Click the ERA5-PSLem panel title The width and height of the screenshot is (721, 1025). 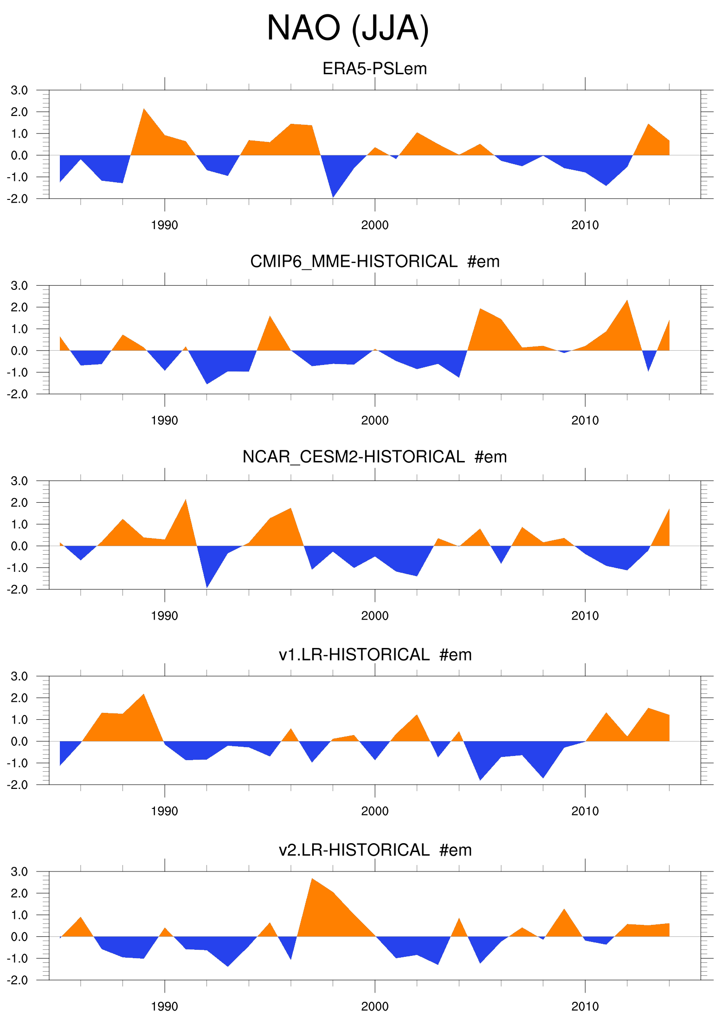(374, 69)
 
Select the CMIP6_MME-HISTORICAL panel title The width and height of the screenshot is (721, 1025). (374, 262)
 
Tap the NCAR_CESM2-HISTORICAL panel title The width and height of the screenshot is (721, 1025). (374, 457)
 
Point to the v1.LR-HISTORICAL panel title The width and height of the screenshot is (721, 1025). (374, 654)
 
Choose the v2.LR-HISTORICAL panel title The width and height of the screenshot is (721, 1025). (374, 850)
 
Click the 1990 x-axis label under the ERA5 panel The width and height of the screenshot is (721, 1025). (164, 225)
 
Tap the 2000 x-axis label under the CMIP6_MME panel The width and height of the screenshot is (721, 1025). (374, 421)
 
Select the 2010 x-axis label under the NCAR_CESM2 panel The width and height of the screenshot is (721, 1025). (585, 616)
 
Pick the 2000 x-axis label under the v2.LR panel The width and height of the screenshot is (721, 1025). (374, 1006)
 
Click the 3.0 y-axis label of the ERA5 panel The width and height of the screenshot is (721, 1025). (19, 90)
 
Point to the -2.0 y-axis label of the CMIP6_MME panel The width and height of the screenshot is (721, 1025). (18, 394)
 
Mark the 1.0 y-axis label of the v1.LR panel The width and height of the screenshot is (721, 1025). (19, 720)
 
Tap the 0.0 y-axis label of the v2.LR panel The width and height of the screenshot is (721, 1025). (19, 937)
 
